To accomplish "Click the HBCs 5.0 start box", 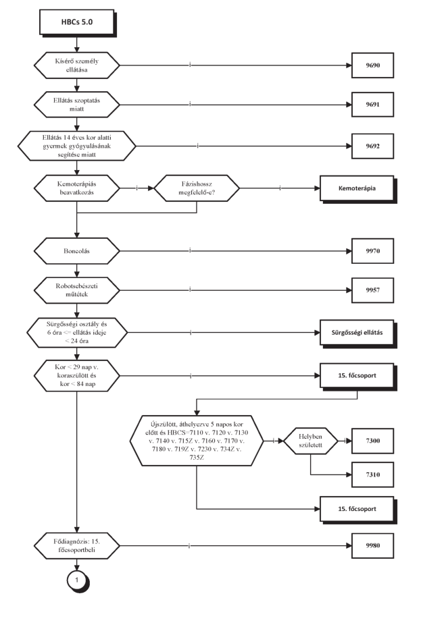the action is [77, 22].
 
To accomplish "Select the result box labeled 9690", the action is [372, 65].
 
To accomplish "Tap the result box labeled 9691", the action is [372, 105].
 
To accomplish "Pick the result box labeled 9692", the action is [372, 146].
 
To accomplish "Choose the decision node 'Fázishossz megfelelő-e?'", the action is [197, 188].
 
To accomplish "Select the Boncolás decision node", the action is [76, 251].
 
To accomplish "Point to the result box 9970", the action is [372, 251].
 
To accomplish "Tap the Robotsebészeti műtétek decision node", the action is [76, 290].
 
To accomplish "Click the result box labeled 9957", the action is [372, 290].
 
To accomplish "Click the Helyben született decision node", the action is [310, 441].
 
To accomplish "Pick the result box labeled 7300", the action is [372, 441].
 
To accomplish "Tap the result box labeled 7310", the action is [372, 474].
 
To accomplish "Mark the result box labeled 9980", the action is [372, 545].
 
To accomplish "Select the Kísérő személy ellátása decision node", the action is [76, 65].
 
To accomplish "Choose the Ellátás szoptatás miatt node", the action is [76, 105].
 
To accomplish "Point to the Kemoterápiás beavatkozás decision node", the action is [76, 188].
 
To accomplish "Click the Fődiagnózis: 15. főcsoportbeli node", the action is [76, 545].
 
